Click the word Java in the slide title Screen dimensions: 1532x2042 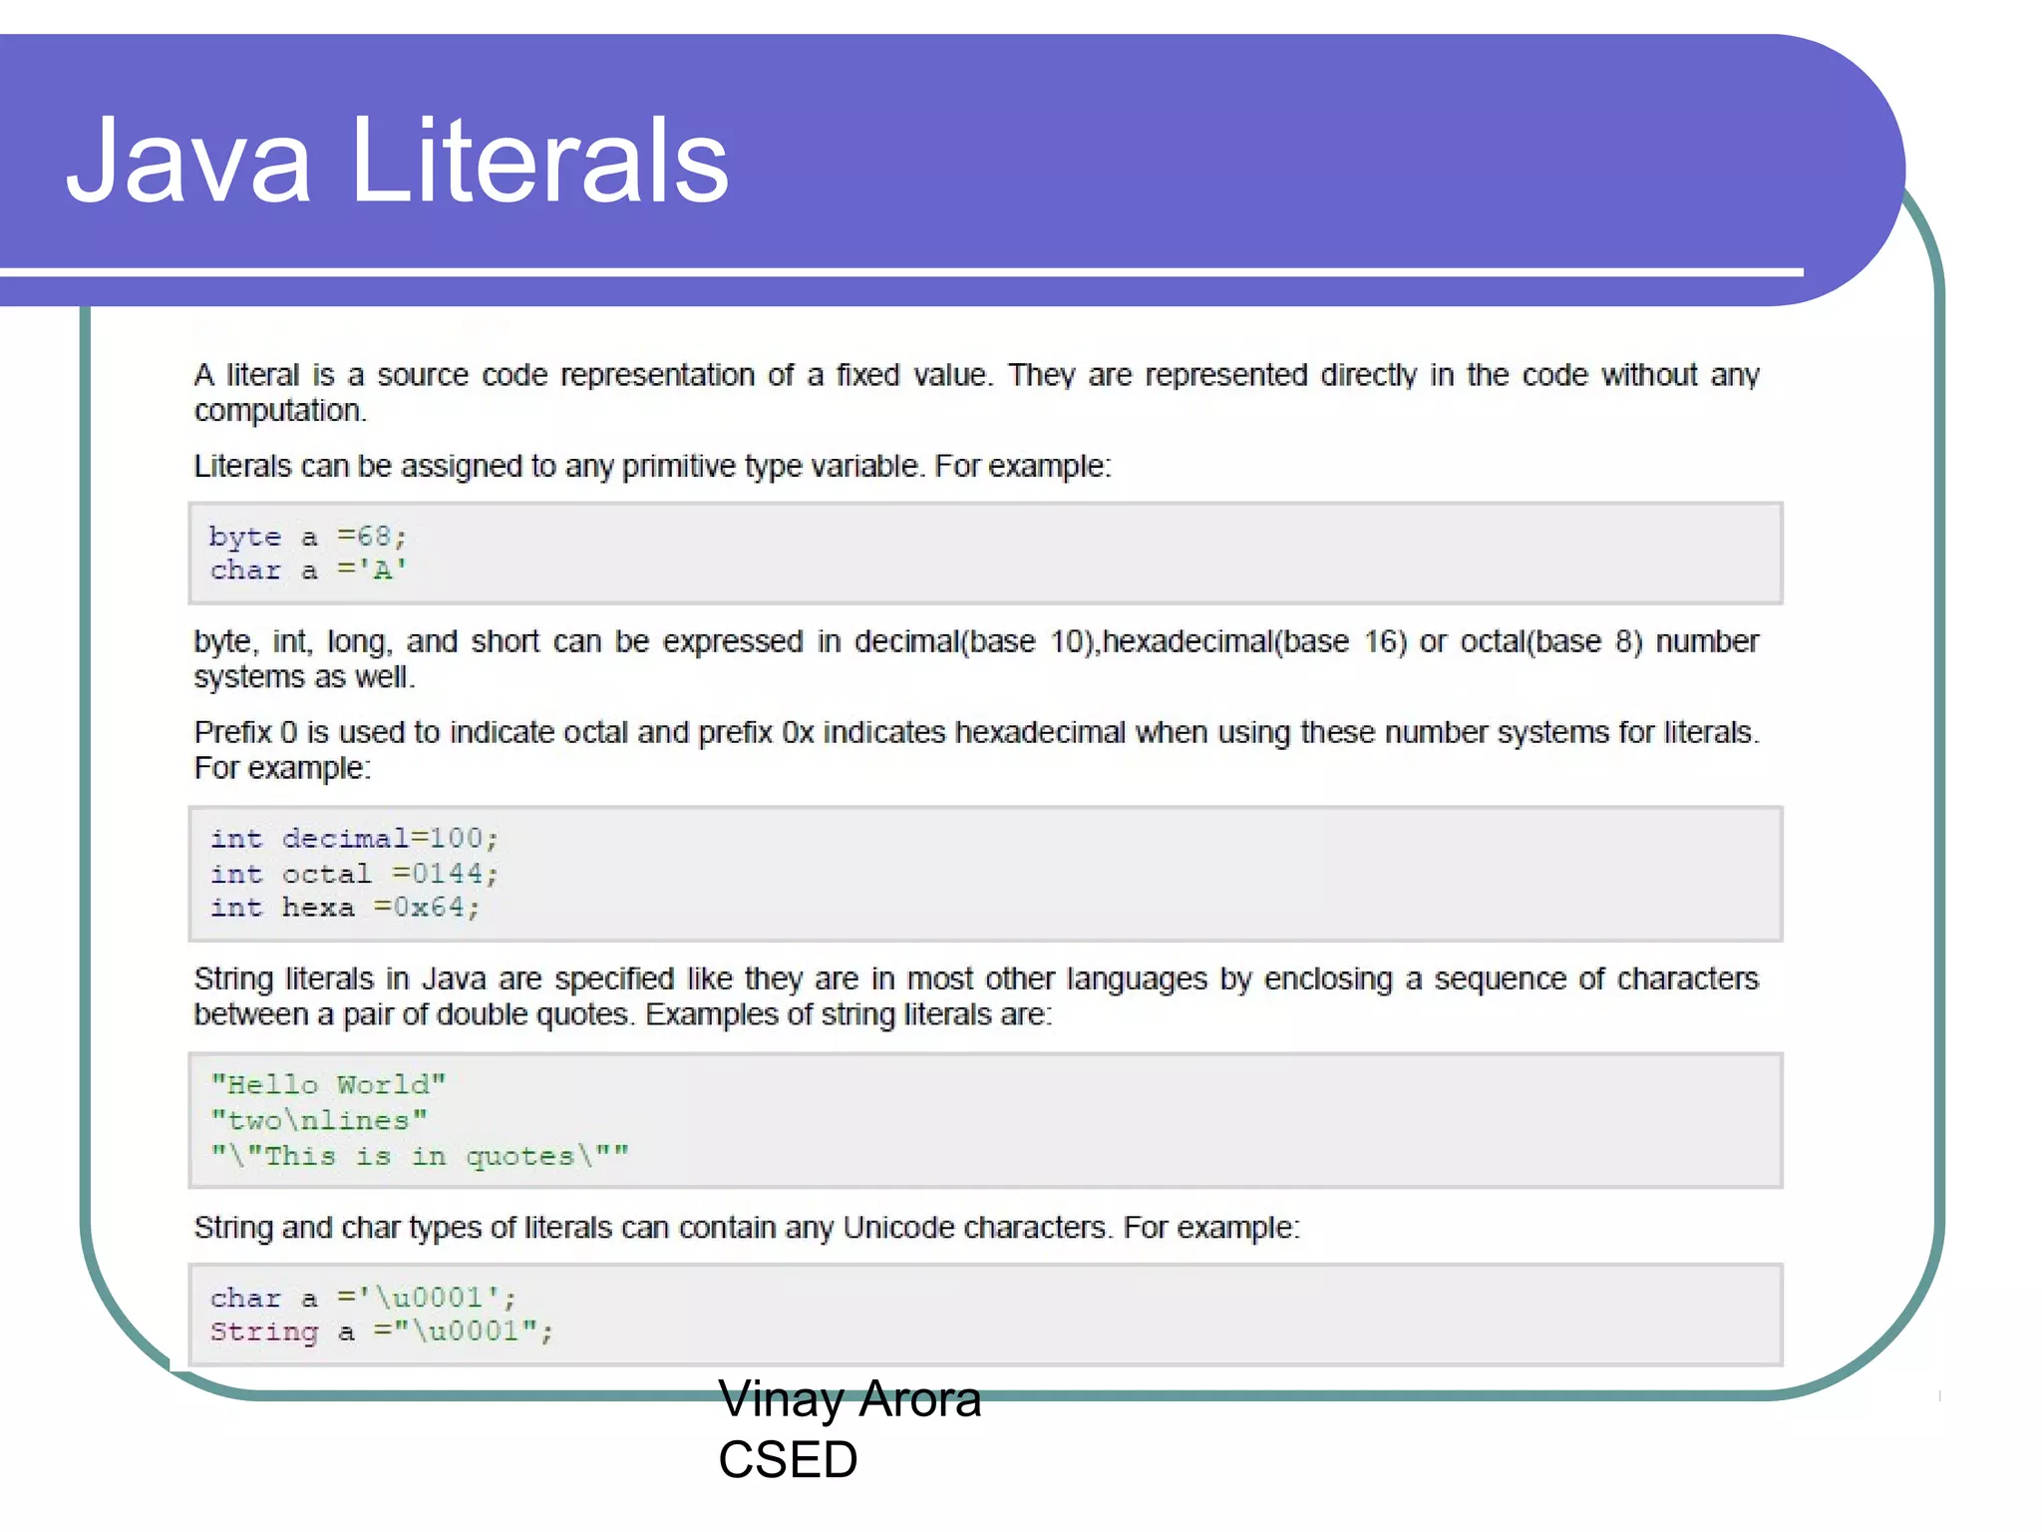188,162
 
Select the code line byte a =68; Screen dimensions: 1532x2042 307,538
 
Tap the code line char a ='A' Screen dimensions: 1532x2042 307,571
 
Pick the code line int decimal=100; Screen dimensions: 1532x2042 354,839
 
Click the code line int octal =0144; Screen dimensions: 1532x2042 354,875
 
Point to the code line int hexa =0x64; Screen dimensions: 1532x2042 345,908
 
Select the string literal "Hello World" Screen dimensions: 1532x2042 328,1085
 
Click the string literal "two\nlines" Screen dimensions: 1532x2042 319,1121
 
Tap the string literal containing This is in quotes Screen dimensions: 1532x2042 420,1157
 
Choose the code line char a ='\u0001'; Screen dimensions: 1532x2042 363,1299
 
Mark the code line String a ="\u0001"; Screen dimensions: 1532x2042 381,1333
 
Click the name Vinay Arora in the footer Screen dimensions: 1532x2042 850,1399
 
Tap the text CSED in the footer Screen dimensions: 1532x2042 788,1460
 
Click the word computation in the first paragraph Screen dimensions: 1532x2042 279,411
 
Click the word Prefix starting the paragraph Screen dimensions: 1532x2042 232,733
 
